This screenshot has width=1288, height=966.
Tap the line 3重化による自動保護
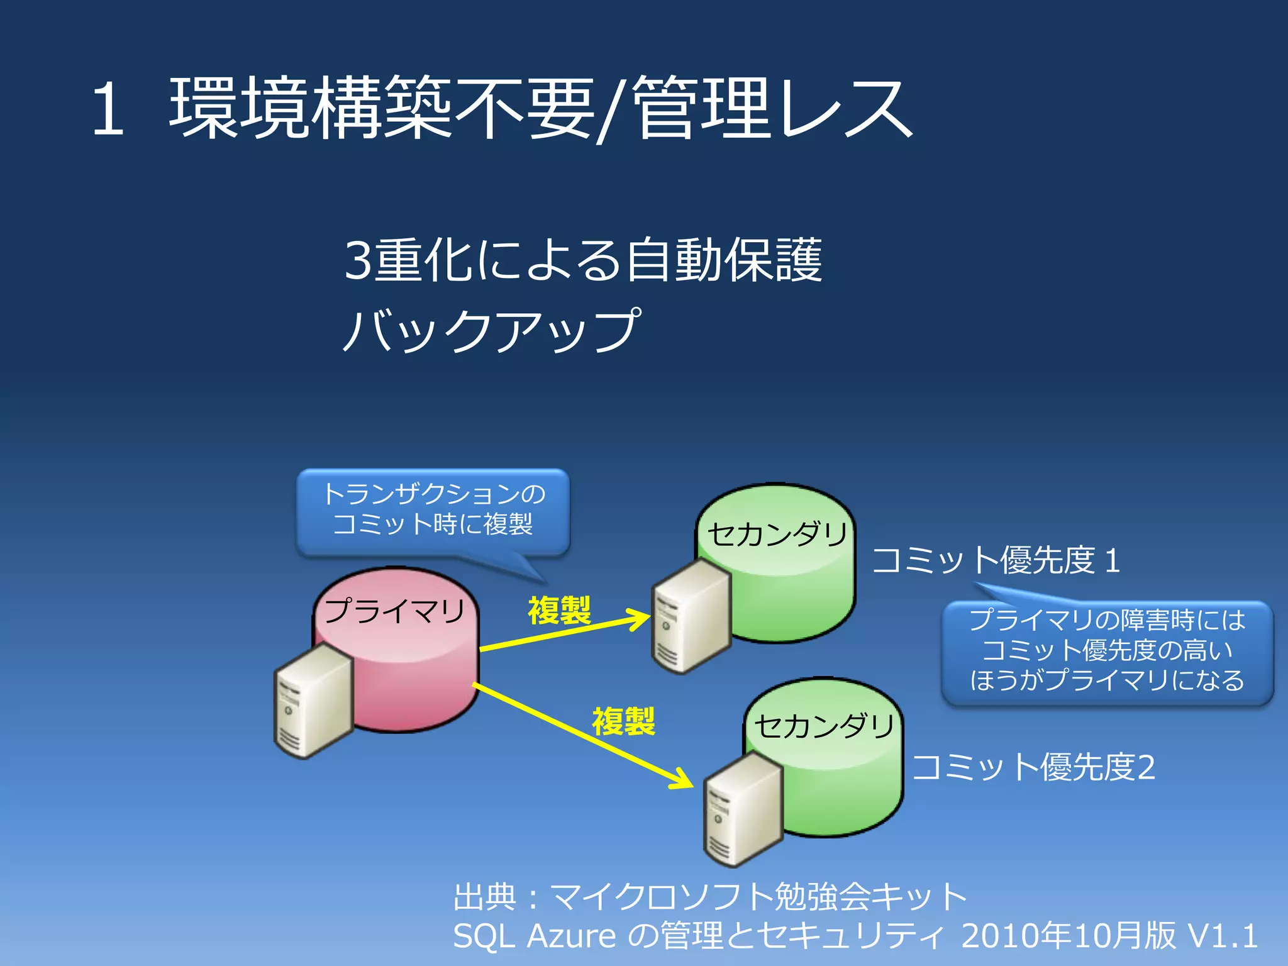tap(583, 260)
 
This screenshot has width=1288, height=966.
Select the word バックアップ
tap(492, 330)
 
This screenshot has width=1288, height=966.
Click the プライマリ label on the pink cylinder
tap(394, 610)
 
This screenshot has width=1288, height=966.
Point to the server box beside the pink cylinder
tap(313, 701)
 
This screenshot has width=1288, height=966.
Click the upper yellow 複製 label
tap(559, 610)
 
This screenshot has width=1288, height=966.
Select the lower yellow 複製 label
tap(623, 721)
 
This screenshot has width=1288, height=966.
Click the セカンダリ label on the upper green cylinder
tap(777, 535)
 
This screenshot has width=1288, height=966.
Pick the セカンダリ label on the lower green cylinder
tap(824, 726)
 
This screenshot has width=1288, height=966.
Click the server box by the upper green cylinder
tap(691, 616)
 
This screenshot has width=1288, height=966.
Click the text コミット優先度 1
tap(996, 560)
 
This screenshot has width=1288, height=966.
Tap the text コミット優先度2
tap(1033, 767)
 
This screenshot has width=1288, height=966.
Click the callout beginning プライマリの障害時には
tap(1107, 651)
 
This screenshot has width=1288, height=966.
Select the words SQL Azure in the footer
tap(534, 936)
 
